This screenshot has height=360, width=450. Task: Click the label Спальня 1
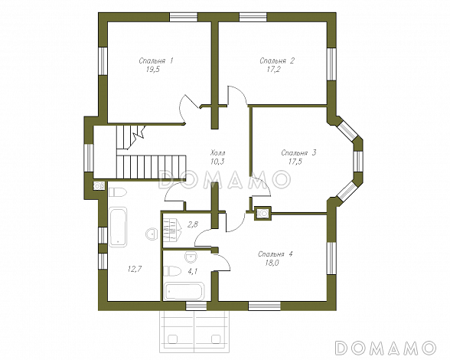156,61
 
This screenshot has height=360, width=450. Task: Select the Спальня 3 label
298,152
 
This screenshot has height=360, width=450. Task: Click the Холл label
218,152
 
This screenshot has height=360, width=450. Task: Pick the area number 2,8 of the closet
193,224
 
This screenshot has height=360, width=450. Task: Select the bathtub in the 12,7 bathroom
118,227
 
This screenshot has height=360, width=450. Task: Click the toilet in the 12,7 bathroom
117,192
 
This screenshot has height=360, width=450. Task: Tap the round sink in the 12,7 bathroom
152,234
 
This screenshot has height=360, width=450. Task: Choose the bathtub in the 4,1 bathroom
184,291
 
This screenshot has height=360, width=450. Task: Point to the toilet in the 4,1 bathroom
172,271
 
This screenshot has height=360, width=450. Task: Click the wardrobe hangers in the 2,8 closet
172,230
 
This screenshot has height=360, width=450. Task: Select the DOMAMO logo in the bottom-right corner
386,347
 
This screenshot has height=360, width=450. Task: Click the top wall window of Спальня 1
184,17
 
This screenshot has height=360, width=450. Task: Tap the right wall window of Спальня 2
331,64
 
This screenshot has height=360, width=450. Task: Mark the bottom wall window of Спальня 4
264,306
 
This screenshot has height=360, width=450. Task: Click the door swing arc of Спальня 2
237,93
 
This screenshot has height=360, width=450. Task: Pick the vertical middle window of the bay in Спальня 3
358,161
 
